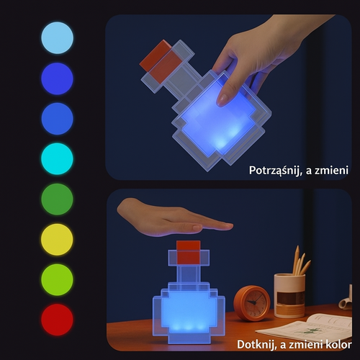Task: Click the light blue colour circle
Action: click(57, 38)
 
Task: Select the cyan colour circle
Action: click(57, 159)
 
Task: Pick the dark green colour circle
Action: click(57, 199)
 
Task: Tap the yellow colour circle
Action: click(57, 240)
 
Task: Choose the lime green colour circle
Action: click(57, 280)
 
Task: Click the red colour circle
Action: click(57, 320)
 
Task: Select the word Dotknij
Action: click(257, 344)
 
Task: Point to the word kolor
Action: click(338, 344)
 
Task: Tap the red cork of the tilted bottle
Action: click(158, 58)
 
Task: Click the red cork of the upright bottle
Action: click(189, 253)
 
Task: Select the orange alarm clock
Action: click(252, 302)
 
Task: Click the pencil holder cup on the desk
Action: click(289, 295)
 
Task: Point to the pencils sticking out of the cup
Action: click(300, 261)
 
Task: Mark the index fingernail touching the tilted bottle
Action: click(222, 99)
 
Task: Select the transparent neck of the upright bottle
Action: click(188, 274)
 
